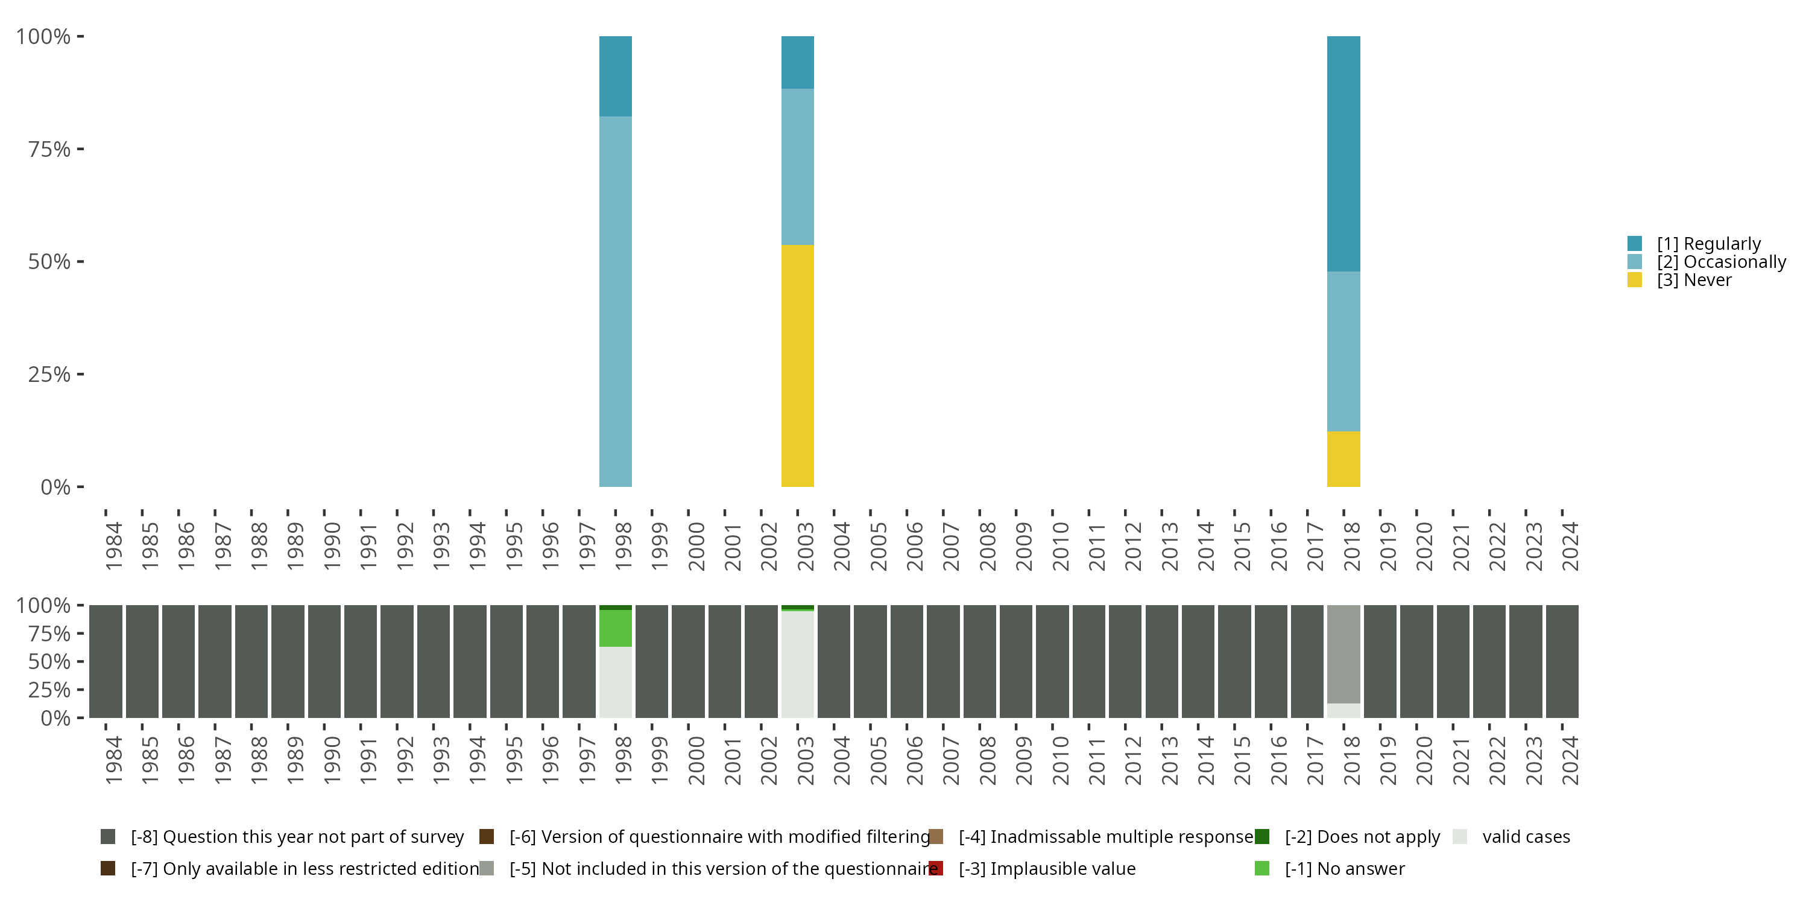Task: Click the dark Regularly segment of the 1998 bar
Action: click(x=615, y=76)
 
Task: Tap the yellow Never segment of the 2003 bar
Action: click(x=797, y=366)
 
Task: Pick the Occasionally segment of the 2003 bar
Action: click(x=797, y=167)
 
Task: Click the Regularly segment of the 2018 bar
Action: click(x=1343, y=153)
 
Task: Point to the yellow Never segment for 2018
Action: click(x=1343, y=458)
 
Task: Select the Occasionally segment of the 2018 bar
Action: click(x=1343, y=351)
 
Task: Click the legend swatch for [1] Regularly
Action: click(x=1634, y=244)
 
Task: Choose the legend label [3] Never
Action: click(x=1694, y=281)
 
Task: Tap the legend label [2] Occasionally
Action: click(x=1720, y=262)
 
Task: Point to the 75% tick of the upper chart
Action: click(x=49, y=149)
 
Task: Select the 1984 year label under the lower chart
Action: click(x=114, y=760)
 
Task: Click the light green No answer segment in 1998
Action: click(x=615, y=627)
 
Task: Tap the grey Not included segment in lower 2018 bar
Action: click(x=1343, y=653)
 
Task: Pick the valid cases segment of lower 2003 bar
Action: click(x=797, y=664)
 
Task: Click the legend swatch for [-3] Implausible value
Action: click(x=935, y=868)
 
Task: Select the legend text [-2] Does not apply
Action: click(x=1362, y=837)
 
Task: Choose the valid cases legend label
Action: click(x=1526, y=837)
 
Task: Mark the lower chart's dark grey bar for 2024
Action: click(x=1562, y=661)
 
